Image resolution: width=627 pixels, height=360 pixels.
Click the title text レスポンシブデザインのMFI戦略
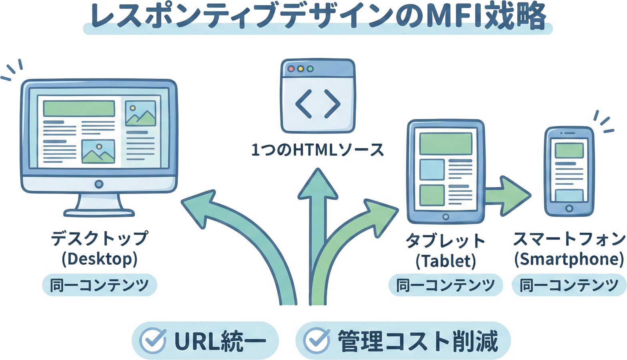[318, 17]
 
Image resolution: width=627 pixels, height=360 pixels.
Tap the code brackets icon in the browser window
[318, 104]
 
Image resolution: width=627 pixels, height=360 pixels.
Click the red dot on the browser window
[291, 69]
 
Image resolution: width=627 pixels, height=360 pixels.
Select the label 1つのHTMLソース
[318, 150]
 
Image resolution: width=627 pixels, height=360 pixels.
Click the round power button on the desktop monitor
[99, 184]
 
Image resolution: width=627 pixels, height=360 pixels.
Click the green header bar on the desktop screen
[79, 108]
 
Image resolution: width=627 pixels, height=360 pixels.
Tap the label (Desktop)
[99, 259]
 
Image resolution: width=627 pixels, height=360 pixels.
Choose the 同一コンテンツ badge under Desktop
[99, 285]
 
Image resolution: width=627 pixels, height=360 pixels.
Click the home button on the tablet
[445, 217]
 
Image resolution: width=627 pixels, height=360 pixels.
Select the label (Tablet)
[446, 262]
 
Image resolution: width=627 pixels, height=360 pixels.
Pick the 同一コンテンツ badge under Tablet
[445, 285]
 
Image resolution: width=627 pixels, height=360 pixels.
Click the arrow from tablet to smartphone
[508, 196]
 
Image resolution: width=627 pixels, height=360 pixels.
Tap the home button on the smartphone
[569, 209]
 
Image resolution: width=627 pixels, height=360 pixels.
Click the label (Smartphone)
[569, 260]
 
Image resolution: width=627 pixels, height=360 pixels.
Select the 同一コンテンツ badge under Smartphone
[569, 285]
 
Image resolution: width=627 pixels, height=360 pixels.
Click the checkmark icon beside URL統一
[152, 341]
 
